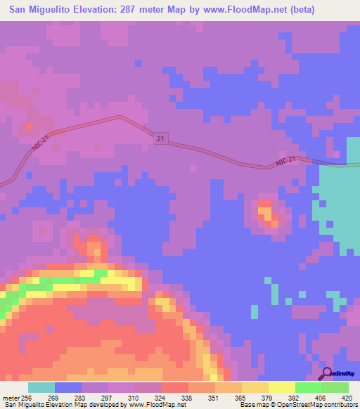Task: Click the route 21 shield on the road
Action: click(160, 141)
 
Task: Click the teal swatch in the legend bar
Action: click(41, 387)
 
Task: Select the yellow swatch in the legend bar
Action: click(281, 387)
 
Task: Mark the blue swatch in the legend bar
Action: click(68, 387)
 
